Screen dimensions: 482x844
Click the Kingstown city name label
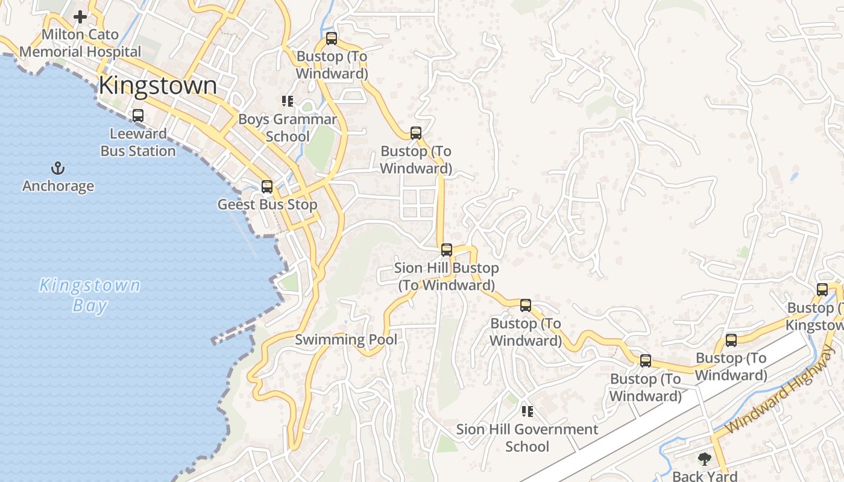pos(157,86)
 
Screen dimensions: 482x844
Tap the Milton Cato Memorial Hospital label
pos(80,43)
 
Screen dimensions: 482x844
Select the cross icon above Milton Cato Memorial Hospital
pos(80,17)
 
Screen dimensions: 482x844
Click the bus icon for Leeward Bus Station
pos(138,116)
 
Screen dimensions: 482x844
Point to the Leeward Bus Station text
pos(138,142)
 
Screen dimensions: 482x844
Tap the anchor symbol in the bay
pos(58,168)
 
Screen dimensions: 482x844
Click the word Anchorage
pos(58,186)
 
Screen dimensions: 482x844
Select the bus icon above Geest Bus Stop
pos(267,187)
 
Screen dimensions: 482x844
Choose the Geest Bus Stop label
pos(267,205)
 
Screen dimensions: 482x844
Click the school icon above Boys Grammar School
pos(287,101)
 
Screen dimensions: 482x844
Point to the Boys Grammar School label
pos(288,128)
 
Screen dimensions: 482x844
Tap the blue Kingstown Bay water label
pos(90,295)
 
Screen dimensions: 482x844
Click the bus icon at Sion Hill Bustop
pos(447,250)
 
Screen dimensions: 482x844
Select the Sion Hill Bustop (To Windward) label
pos(447,277)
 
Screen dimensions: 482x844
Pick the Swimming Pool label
pos(346,340)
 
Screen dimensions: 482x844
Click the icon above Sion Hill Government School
pos(527,412)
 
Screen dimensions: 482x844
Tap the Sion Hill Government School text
pos(527,438)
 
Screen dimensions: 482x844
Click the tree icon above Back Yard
pos(704,459)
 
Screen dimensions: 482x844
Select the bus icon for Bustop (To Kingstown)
pos(822,290)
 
